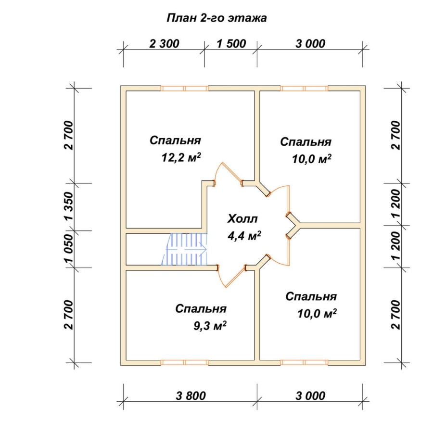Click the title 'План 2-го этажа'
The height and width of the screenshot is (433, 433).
coord(217,18)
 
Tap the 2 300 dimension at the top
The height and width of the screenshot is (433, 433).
coord(165,44)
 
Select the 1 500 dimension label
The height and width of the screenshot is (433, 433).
coord(231,44)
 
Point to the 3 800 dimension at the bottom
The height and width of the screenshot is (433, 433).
coord(191,396)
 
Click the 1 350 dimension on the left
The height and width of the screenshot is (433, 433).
coord(69,206)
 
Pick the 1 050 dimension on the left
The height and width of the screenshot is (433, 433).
coord(69,249)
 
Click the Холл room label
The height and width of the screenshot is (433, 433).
coord(242,219)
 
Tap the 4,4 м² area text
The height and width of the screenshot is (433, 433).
coord(244,236)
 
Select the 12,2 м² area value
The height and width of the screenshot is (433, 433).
coord(181,157)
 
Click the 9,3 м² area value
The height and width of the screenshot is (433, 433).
coord(210,326)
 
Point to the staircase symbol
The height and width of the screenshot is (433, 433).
coord(184,249)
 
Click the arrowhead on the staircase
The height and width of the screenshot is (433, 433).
coord(204,249)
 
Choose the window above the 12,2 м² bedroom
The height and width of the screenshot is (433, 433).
coord(184,89)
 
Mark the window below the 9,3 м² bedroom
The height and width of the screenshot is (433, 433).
coord(184,363)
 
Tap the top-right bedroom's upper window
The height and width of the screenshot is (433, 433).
coord(304,89)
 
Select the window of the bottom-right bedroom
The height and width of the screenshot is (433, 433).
coord(304,363)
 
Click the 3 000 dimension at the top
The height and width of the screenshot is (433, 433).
coord(310,44)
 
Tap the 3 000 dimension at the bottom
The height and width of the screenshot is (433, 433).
coord(310,396)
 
